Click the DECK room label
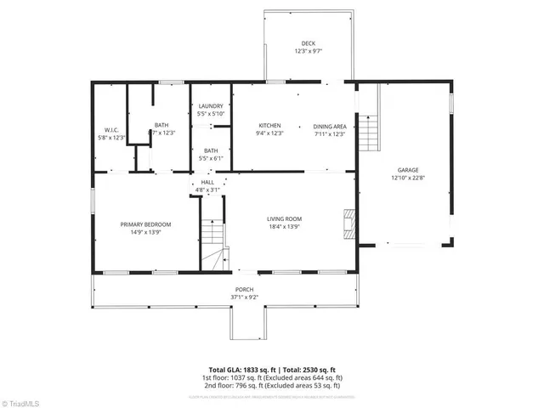pos(308,43)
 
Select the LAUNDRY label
pos(210,105)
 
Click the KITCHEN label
pos(269,125)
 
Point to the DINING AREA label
pos(329,125)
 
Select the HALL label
pos(207,183)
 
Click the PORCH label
pos(244,290)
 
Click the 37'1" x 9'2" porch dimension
pos(244,297)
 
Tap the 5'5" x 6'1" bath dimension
pos(210,158)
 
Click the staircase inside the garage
pos(366,132)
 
